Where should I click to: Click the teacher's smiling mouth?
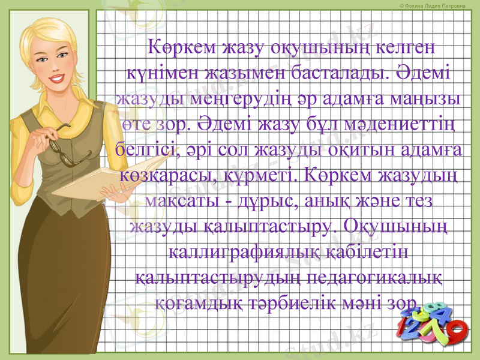tap(58, 79)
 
